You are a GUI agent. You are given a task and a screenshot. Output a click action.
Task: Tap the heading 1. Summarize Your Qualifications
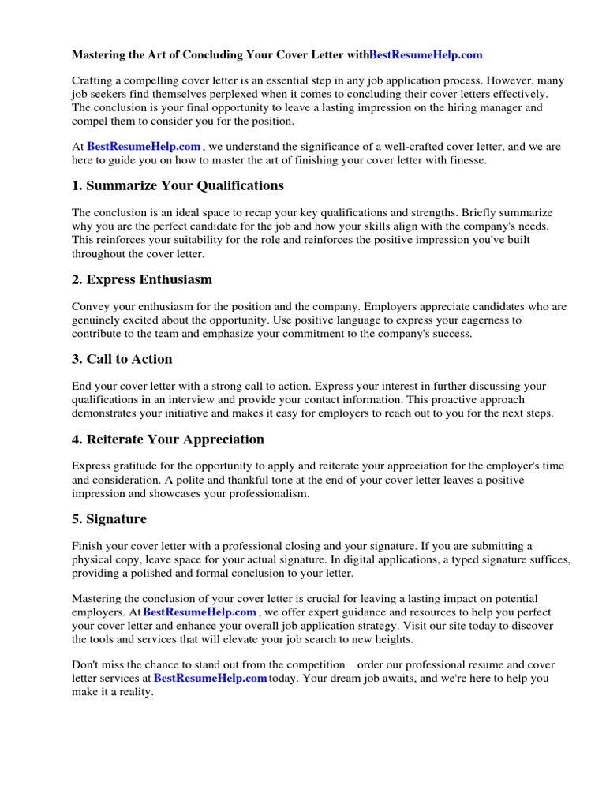coord(178,185)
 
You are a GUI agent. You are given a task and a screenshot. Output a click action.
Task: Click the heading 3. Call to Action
coord(122,359)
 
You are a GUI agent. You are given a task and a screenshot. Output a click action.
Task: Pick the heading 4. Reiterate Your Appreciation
coord(167,440)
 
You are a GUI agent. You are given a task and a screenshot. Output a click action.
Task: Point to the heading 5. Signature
coord(109,519)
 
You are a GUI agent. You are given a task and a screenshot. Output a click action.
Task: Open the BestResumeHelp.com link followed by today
coord(210,679)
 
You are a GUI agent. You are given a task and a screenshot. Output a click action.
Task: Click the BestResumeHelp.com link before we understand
coord(144,147)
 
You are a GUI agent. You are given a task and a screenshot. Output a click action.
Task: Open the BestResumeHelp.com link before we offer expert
coord(200,612)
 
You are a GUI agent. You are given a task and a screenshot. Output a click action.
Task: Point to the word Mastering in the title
coord(100,54)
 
